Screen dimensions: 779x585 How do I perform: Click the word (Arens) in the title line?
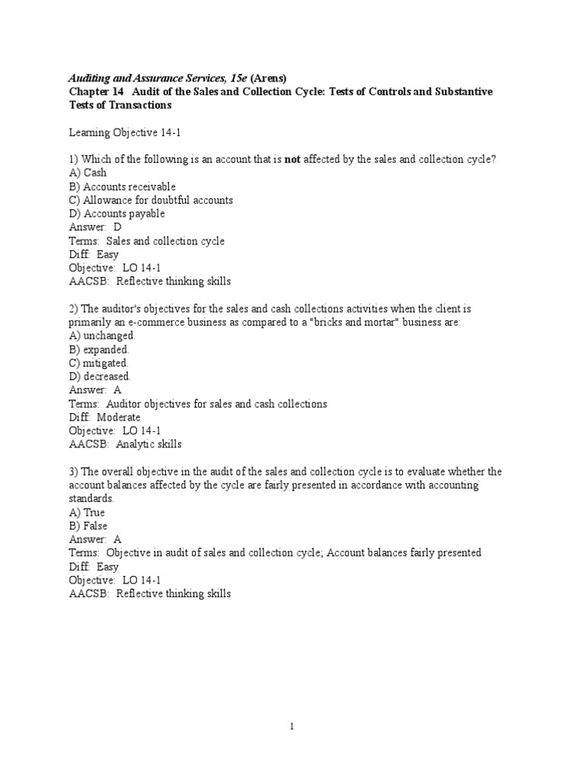[x=264, y=78]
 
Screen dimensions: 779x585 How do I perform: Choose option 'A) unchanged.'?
[x=102, y=335]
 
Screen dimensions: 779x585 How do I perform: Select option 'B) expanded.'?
[x=99, y=349]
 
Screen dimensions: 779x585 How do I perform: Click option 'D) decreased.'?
[x=100, y=376]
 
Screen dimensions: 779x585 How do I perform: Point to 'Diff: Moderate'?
[x=104, y=417]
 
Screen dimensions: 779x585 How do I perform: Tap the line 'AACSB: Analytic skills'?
[x=125, y=444]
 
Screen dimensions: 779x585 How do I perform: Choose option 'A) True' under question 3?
[x=87, y=513]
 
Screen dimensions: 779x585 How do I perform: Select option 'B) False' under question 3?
[x=88, y=526]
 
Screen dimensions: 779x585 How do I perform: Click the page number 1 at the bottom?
[x=292, y=727]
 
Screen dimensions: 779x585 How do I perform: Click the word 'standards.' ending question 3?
[x=91, y=499]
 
